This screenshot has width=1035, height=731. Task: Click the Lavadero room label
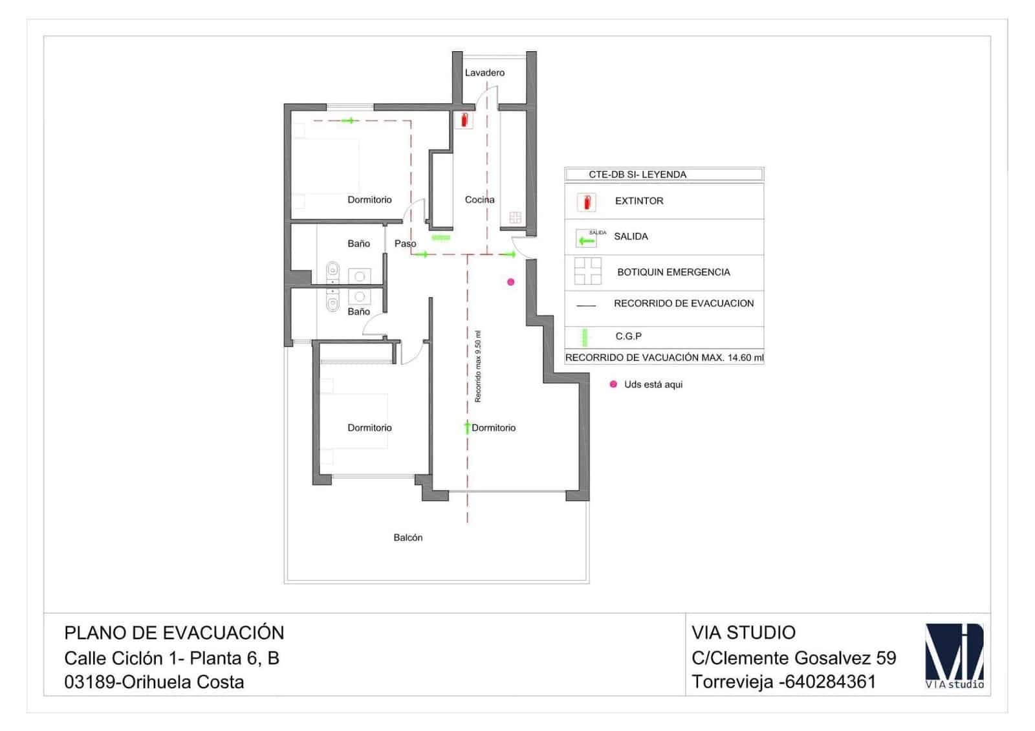point(485,72)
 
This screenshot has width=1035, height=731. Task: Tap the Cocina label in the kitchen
point(479,199)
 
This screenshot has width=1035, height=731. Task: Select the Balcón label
point(408,538)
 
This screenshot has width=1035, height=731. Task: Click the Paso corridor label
point(405,243)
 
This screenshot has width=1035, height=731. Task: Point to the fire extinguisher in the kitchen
point(463,120)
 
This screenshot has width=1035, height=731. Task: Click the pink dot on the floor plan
point(510,282)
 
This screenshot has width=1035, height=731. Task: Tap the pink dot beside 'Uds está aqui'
point(613,384)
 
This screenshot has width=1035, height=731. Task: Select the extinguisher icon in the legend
point(587,202)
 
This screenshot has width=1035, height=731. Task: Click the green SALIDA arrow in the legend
point(586,241)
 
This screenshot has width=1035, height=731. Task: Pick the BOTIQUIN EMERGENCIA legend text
point(673,272)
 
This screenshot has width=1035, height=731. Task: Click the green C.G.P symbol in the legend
point(584,337)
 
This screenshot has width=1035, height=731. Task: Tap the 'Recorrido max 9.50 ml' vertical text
point(478,367)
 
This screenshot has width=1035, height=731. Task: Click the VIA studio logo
point(954,656)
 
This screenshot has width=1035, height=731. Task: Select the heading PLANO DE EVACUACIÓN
point(174,632)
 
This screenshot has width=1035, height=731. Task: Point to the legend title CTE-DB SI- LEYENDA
point(637,175)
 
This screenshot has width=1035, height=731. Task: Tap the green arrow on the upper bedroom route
point(349,120)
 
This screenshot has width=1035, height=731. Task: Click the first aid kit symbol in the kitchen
point(515,217)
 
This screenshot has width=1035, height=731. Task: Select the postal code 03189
point(90,682)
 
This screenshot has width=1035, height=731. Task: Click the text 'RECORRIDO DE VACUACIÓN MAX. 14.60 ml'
point(664,358)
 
